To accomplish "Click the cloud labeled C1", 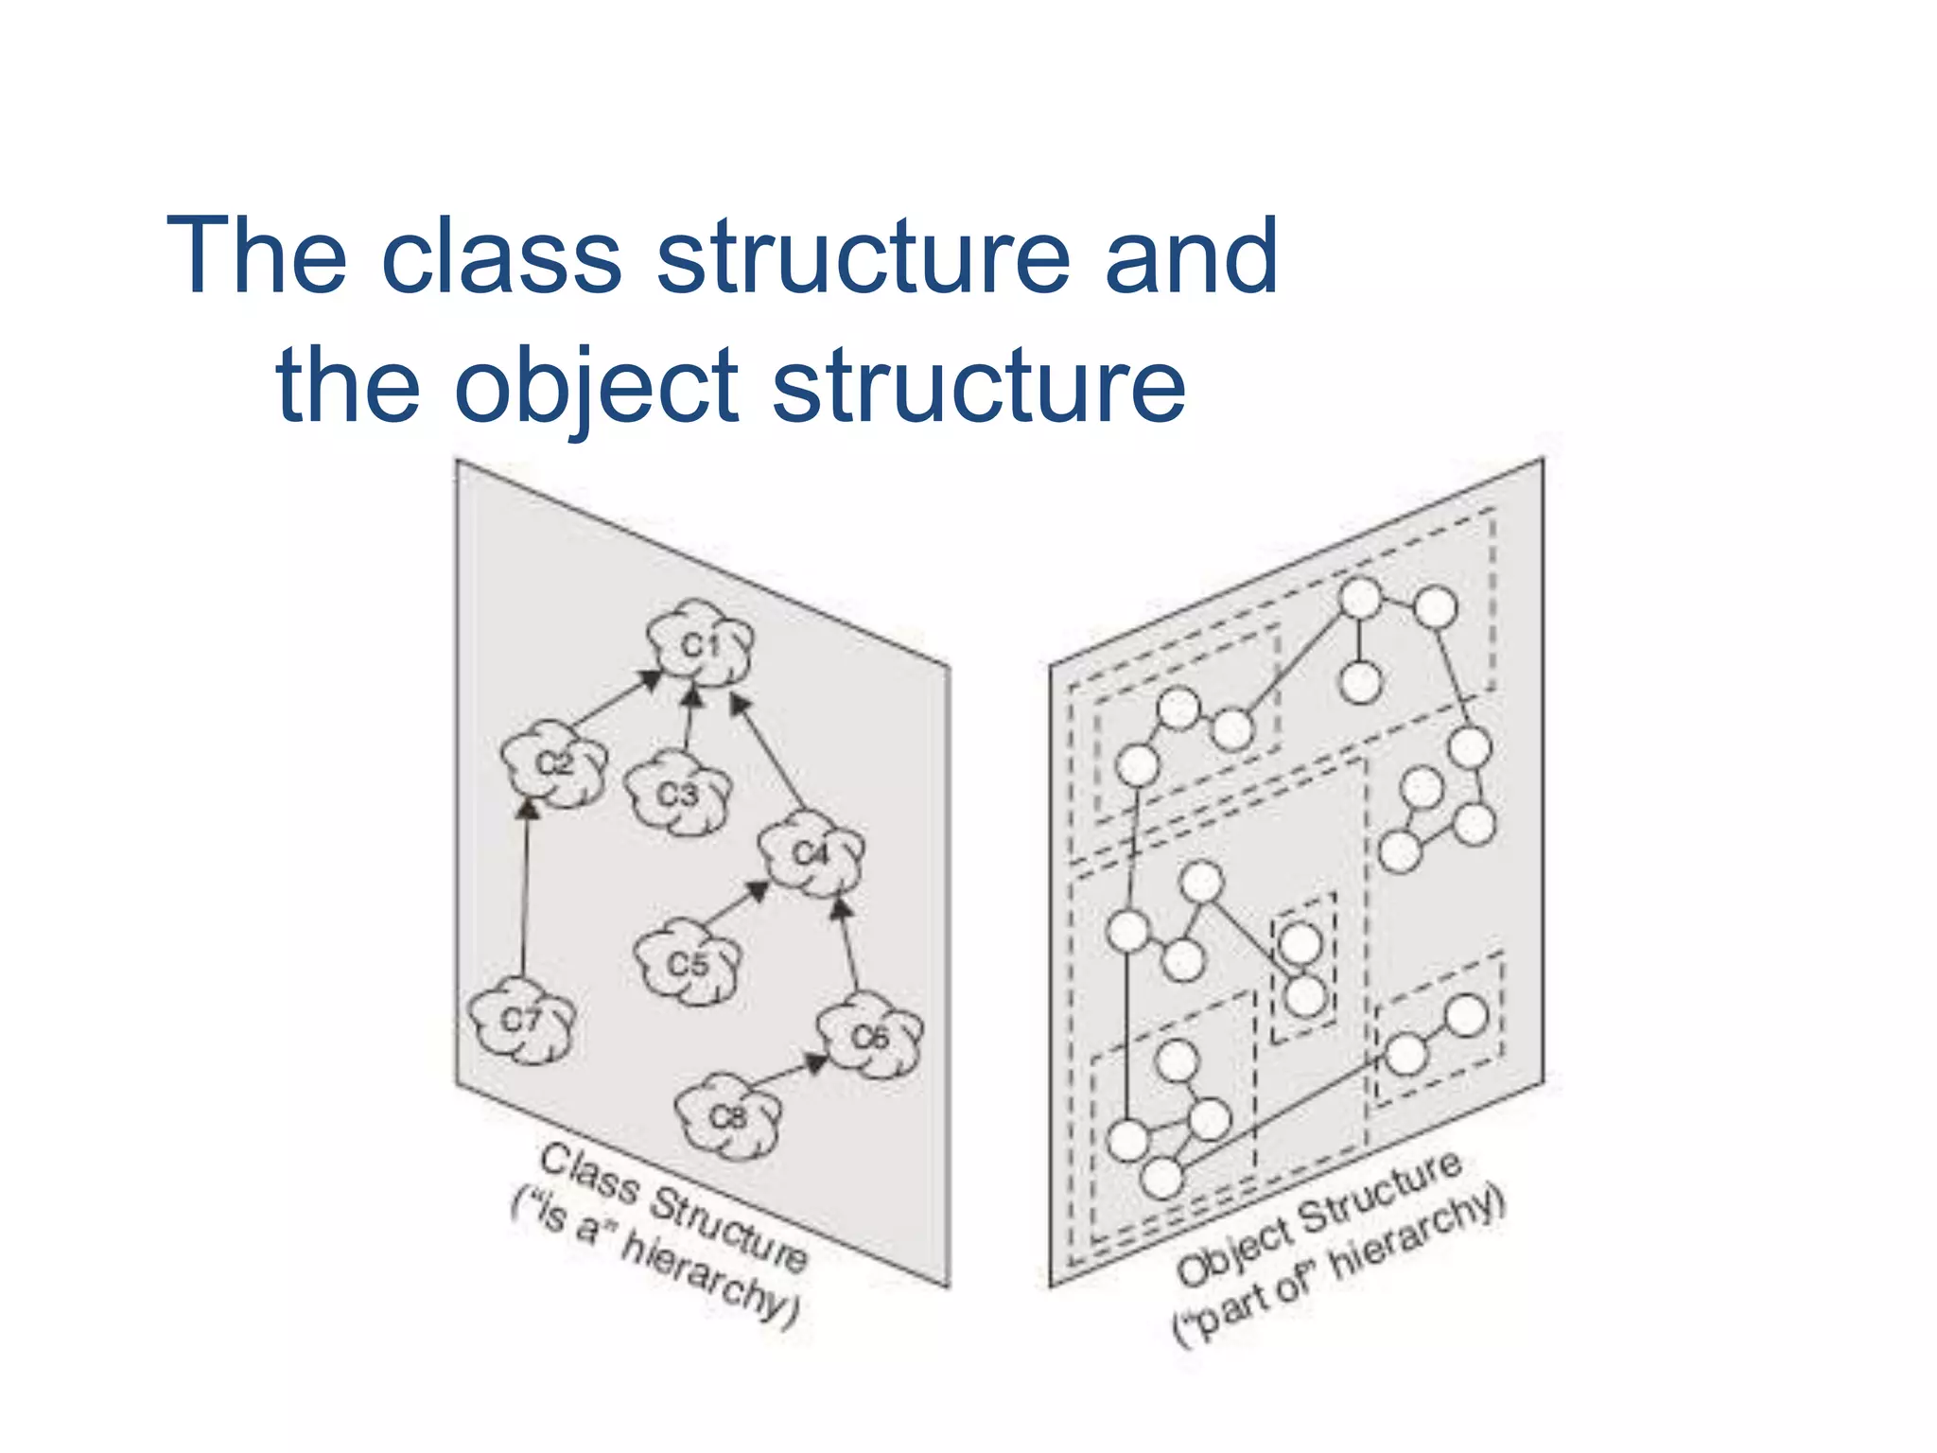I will [701, 645].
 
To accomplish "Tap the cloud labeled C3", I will [678, 794].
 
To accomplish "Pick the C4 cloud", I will [811, 854].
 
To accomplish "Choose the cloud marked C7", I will [521, 1021].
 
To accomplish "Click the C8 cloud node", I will [728, 1117].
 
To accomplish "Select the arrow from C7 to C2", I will [525, 889].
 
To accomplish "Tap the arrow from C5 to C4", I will [736, 904].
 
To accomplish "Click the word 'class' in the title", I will [501, 255].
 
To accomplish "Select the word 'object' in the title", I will [596, 386].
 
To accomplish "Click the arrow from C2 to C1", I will [614, 701].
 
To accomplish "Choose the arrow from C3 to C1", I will [690, 721].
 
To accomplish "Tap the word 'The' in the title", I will [257, 255].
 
